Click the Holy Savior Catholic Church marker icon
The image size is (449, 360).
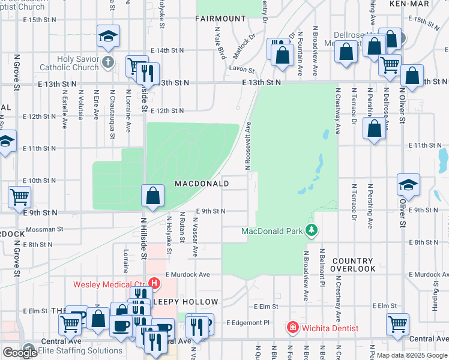pos(107,62)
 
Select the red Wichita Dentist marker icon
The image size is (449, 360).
pos(292,328)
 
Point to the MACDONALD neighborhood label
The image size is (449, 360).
pos(202,183)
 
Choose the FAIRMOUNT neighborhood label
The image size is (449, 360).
pos(220,19)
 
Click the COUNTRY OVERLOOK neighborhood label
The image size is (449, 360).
pos(353,265)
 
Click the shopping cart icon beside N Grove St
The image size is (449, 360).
pos(20,196)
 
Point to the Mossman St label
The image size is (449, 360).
pos(43,229)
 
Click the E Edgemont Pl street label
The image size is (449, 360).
pos(249,323)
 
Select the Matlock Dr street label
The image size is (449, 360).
pos(246,44)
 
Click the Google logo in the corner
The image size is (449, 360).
pos(20,353)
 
